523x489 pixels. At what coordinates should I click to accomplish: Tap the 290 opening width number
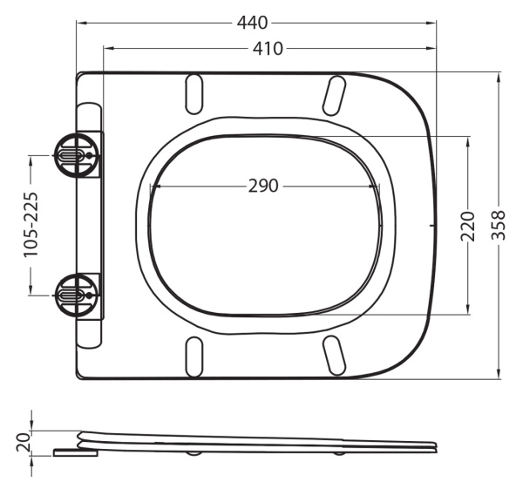click(x=262, y=186)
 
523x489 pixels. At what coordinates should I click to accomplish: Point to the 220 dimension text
click(x=468, y=226)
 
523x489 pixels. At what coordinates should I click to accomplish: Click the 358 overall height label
click(x=499, y=226)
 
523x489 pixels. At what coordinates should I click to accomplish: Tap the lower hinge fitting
click(x=75, y=295)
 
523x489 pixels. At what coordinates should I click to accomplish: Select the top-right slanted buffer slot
click(x=333, y=95)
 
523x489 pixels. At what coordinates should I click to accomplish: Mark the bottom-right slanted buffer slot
click(x=333, y=356)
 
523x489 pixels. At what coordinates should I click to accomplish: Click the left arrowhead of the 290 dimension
click(x=154, y=186)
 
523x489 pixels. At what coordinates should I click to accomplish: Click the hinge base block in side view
click(x=75, y=452)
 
